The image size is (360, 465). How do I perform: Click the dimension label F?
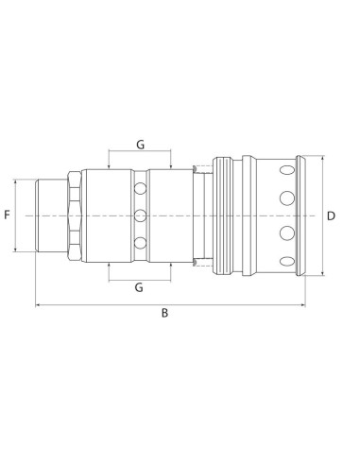coord(8,215)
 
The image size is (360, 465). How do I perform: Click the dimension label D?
coord(331,215)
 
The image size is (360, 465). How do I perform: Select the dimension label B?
coord(165,316)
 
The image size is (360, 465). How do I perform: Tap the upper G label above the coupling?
coord(140,145)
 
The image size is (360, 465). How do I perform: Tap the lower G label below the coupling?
coord(140,285)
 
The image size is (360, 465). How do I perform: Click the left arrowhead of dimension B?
coord(38,304)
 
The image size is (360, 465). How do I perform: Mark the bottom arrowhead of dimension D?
coord(323,274)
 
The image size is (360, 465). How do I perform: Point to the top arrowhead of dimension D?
coord(323,157)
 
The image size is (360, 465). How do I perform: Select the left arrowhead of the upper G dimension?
coord(111,152)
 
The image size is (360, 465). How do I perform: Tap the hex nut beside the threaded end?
coord(72,215)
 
